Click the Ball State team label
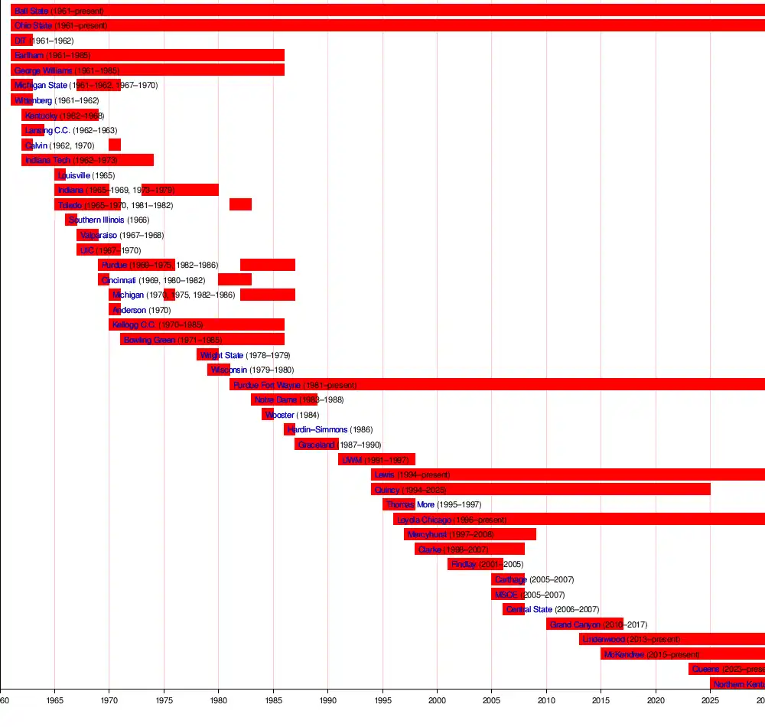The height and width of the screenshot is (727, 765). pyautogui.click(x=31, y=11)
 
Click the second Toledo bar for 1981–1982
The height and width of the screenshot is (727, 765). pyautogui.click(x=240, y=204)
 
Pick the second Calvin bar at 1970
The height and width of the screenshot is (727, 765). pyautogui.click(x=115, y=145)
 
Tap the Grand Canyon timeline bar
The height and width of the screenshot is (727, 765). pyautogui.click(x=584, y=624)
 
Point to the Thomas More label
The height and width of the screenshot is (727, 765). pyautogui.click(x=410, y=504)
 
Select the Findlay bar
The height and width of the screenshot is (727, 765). pyautogui.click(x=469, y=564)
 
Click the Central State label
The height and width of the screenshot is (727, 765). pyautogui.click(x=529, y=609)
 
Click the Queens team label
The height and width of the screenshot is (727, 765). pyautogui.click(x=705, y=669)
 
